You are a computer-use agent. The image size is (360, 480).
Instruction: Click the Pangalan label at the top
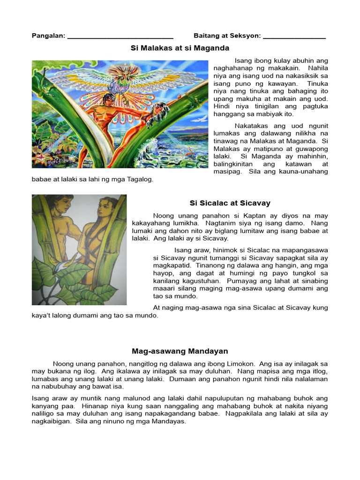point(48,36)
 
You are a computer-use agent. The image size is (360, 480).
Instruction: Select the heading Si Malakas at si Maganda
point(180,48)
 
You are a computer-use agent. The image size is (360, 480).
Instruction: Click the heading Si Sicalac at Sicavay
point(230,203)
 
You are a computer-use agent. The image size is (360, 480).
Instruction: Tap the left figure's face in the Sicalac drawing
point(64,205)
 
